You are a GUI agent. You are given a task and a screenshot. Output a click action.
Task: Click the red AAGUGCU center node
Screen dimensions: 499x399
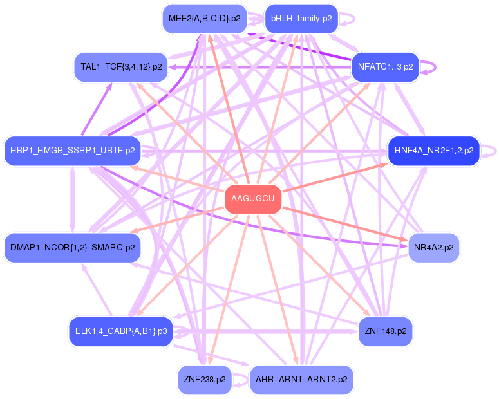tap(252, 199)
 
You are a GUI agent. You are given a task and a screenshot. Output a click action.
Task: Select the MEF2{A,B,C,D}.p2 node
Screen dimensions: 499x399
tap(204, 19)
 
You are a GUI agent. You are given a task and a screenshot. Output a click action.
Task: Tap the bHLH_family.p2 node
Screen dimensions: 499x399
tap(301, 19)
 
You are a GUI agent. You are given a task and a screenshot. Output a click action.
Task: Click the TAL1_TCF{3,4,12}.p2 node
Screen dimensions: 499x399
tap(121, 66)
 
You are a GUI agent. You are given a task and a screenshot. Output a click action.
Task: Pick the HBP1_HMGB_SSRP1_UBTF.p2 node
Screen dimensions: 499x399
tap(72, 151)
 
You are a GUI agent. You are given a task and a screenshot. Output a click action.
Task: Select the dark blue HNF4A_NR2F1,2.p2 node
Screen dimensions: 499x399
tap(433, 151)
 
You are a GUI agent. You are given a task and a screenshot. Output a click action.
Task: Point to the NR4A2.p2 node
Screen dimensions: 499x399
tap(433, 247)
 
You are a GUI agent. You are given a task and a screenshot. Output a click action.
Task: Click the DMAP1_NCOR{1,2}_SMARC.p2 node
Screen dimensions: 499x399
tap(72, 247)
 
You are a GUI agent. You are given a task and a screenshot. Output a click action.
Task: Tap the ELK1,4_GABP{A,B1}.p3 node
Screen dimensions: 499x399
tap(121, 331)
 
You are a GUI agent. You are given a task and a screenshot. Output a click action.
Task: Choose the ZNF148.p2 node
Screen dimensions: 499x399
tap(385, 331)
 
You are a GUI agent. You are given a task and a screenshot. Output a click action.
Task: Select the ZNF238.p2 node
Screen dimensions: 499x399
tap(204, 379)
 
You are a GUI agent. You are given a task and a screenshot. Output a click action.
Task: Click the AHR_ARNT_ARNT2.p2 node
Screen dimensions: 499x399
tap(301, 379)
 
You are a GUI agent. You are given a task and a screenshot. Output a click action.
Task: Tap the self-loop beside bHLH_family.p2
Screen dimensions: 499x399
tap(352, 19)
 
